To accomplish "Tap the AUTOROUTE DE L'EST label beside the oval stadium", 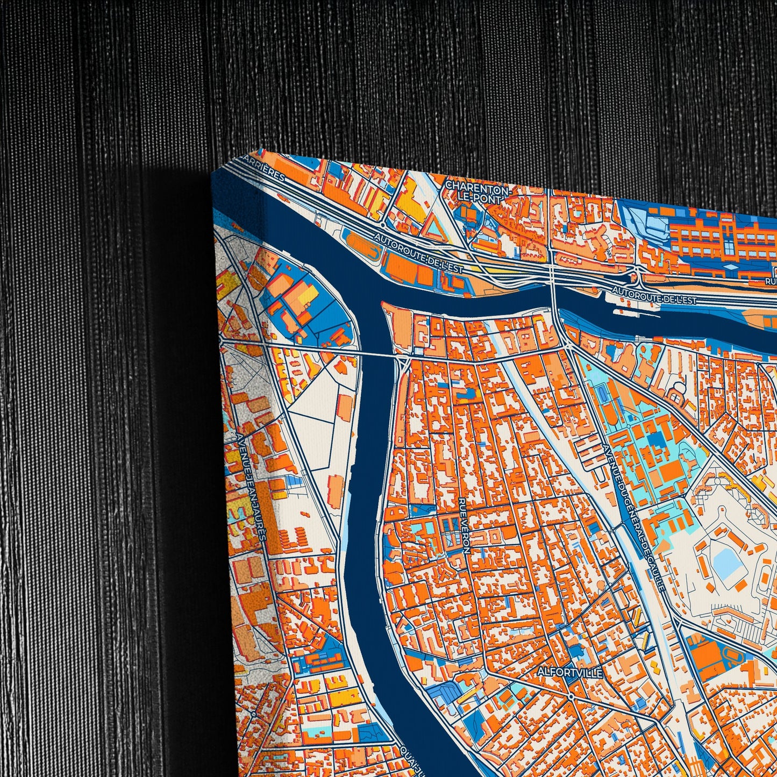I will tap(419, 253).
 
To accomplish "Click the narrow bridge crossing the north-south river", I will tap(380, 354).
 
